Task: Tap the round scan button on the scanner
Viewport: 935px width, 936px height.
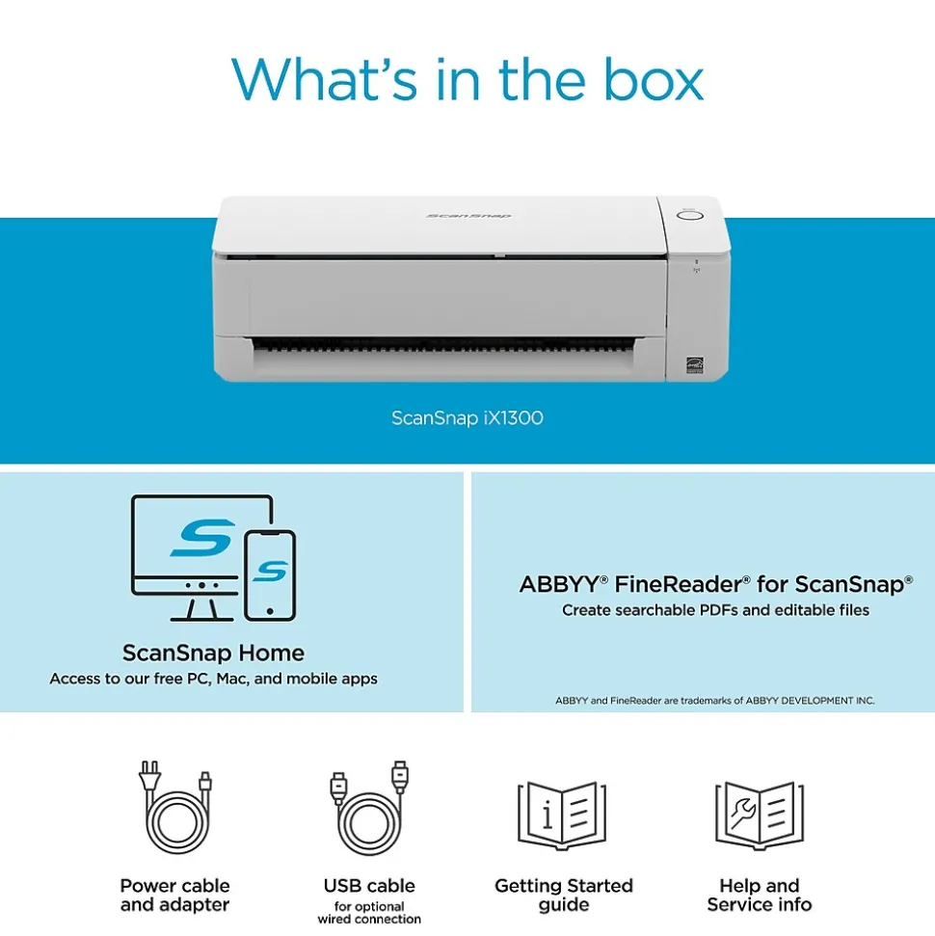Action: pyautogui.click(x=689, y=216)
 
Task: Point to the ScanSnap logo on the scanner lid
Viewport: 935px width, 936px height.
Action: pyautogui.click(x=468, y=216)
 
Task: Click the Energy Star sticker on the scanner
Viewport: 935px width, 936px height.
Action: pyautogui.click(x=694, y=364)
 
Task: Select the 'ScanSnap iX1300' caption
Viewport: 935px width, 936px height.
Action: pyautogui.click(x=467, y=417)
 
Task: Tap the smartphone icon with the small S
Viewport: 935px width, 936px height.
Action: pyautogui.click(x=270, y=575)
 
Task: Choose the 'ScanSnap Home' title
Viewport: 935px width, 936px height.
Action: pyautogui.click(x=213, y=653)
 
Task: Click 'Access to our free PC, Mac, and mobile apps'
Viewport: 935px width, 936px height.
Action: pyautogui.click(x=213, y=679)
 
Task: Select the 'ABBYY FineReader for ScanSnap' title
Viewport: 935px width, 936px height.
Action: pyautogui.click(x=715, y=584)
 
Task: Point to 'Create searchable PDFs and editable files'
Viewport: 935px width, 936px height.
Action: pyautogui.click(x=715, y=610)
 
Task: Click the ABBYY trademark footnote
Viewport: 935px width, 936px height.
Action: pyautogui.click(x=714, y=700)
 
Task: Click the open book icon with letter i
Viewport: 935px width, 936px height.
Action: pyautogui.click(x=562, y=816)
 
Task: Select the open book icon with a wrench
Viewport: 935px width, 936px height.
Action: pyautogui.click(x=760, y=816)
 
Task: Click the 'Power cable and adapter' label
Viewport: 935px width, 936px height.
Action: pyautogui.click(x=174, y=895)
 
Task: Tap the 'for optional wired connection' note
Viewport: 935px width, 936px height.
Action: pyautogui.click(x=369, y=913)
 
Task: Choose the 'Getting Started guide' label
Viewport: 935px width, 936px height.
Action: pyautogui.click(x=564, y=895)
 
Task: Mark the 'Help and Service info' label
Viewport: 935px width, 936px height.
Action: pyautogui.click(x=760, y=895)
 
